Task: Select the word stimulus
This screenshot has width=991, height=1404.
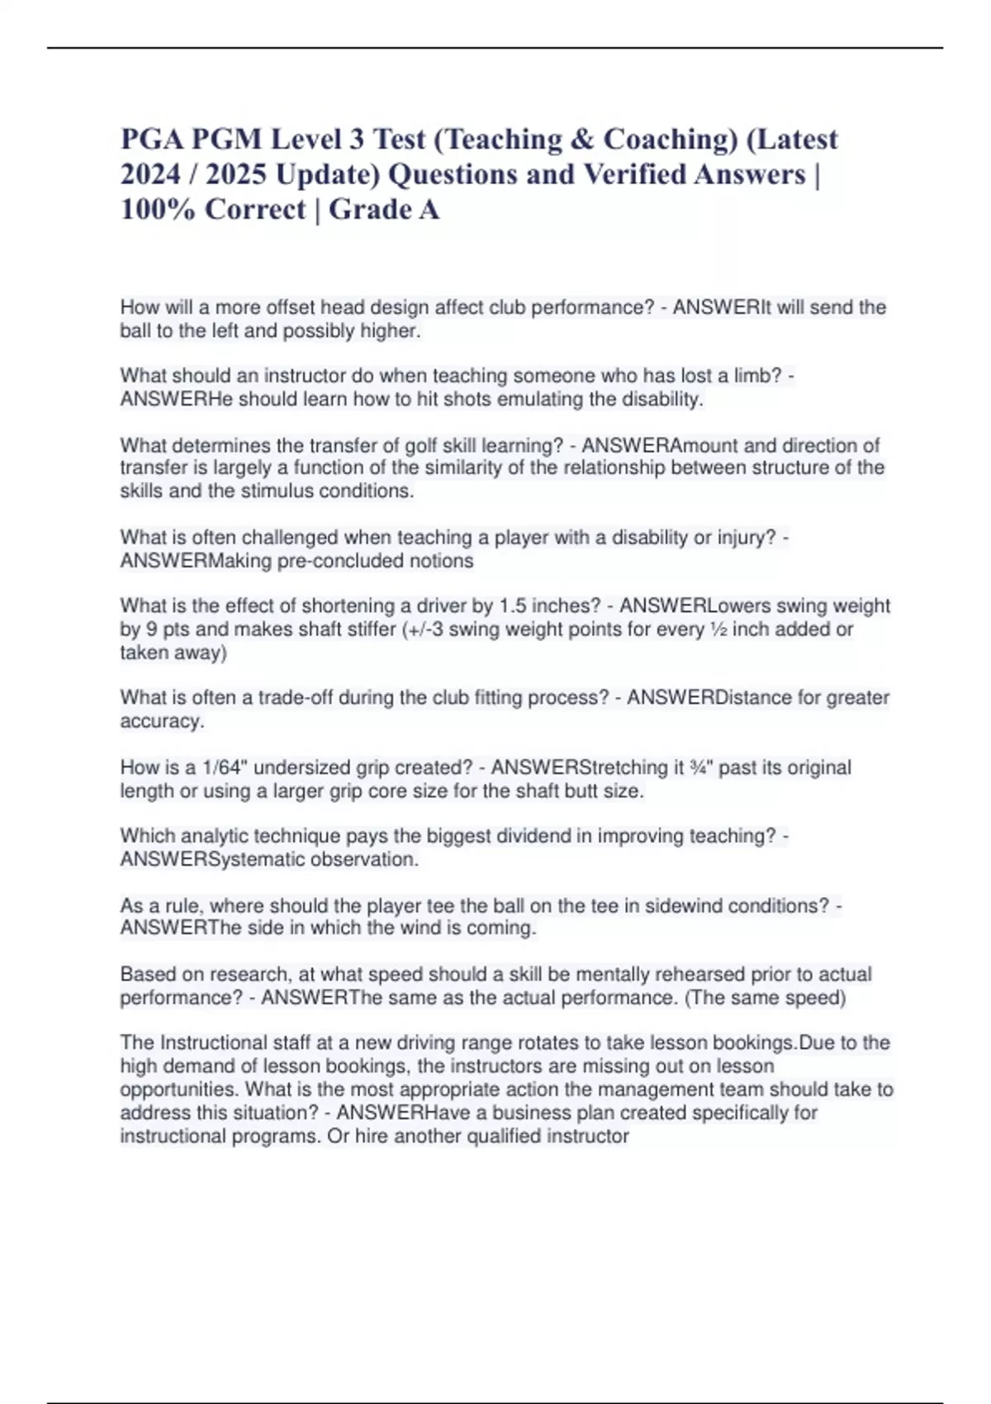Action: tap(276, 491)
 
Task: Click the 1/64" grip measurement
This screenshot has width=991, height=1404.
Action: tap(225, 767)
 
